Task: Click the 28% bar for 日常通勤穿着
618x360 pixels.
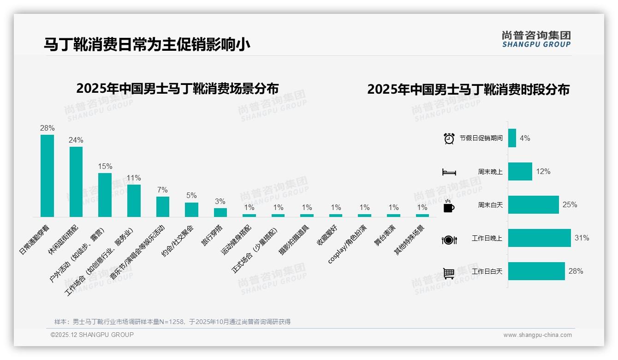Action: point(47,176)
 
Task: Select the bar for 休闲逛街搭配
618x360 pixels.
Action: point(76,182)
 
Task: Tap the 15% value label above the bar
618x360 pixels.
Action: point(105,166)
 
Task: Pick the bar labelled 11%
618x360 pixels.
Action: point(134,201)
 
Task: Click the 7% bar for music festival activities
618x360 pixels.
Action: point(163,207)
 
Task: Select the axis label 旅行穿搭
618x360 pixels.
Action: point(213,235)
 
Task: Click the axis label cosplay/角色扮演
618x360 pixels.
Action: point(348,244)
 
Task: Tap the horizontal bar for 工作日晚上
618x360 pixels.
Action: point(539,238)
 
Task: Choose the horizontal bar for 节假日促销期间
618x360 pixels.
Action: point(512,138)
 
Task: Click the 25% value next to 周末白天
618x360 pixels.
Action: point(570,204)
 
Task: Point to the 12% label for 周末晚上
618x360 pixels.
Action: point(543,171)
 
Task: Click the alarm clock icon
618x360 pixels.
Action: point(449,138)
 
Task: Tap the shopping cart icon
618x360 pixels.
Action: point(449,273)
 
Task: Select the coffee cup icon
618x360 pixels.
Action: point(449,206)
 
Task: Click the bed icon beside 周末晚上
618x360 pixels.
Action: point(449,172)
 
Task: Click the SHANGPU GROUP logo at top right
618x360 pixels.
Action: point(536,39)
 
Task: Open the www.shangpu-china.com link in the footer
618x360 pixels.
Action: point(537,335)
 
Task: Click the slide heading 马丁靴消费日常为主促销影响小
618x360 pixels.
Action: point(147,45)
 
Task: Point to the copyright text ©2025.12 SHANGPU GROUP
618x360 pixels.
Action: point(92,335)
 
